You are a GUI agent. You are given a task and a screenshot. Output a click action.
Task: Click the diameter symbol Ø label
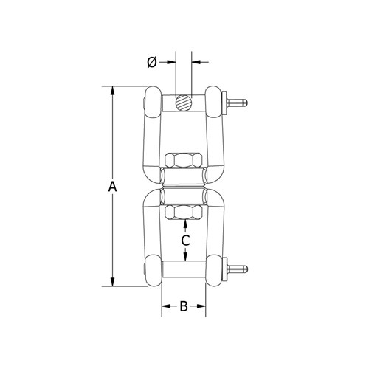151,63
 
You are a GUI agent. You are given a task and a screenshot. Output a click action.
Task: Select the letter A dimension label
112,187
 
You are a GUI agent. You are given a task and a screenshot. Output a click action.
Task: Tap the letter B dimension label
184,306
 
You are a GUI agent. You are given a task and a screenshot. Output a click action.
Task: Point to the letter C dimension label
186,240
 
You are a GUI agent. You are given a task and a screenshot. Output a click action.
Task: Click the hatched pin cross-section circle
184,102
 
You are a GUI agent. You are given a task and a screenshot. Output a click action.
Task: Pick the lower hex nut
184,213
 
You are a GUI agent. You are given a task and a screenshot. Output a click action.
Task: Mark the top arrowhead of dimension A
112,92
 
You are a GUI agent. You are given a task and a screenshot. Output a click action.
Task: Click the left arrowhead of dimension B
165,306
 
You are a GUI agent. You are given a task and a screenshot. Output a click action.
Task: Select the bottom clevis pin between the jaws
184,268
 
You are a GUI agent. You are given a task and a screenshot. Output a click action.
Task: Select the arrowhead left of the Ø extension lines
171,63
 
